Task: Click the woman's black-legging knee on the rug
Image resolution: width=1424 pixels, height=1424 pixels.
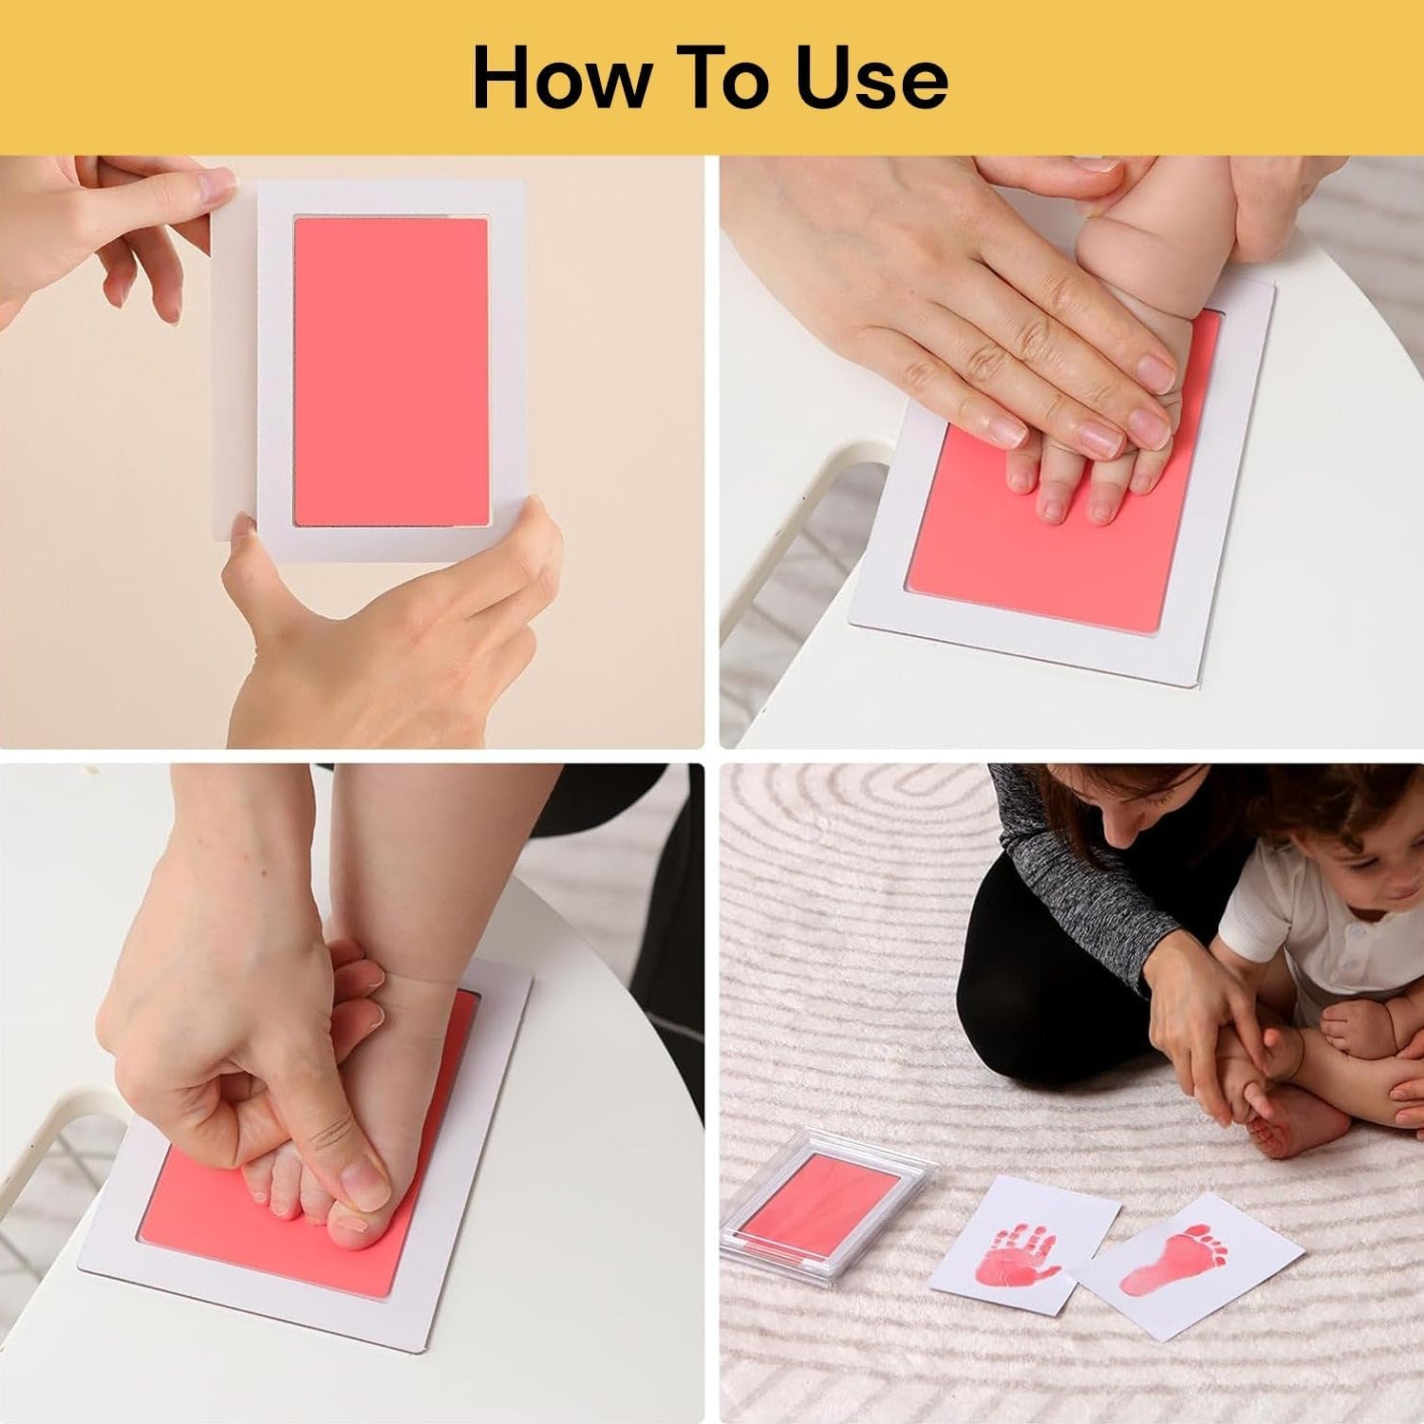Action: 997,1025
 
